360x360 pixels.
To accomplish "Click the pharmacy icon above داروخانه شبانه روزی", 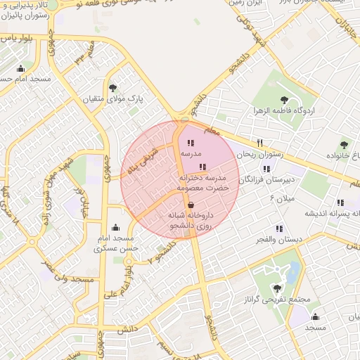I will (x=191, y=205).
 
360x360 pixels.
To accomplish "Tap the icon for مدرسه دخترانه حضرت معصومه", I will (x=203, y=167).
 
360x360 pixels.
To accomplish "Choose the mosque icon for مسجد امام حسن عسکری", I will (x=115, y=227).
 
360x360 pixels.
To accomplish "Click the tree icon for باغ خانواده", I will (x=344, y=145).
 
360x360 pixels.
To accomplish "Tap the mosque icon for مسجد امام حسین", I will (x=20, y=68).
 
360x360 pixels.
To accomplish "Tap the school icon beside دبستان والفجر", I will (x=280, y=229).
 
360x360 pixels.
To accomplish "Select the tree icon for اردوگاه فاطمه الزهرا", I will (x=284, y=100).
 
